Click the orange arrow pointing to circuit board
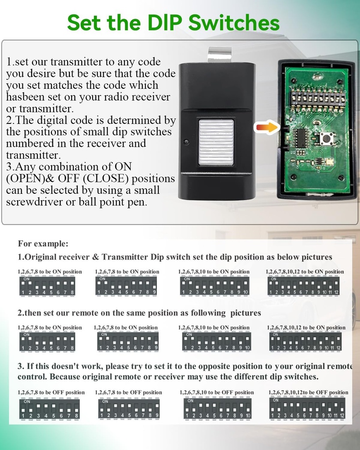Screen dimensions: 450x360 (267, 128)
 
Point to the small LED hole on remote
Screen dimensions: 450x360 (186, 142)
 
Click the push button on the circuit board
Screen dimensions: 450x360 (326, 139)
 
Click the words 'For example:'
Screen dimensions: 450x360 (43, 243)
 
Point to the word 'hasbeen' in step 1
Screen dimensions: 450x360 (27, 97)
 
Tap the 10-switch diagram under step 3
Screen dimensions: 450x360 (218, 408)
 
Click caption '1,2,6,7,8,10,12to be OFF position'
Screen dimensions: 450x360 (308, 392)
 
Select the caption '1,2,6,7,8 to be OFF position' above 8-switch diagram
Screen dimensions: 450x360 (51, 392)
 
